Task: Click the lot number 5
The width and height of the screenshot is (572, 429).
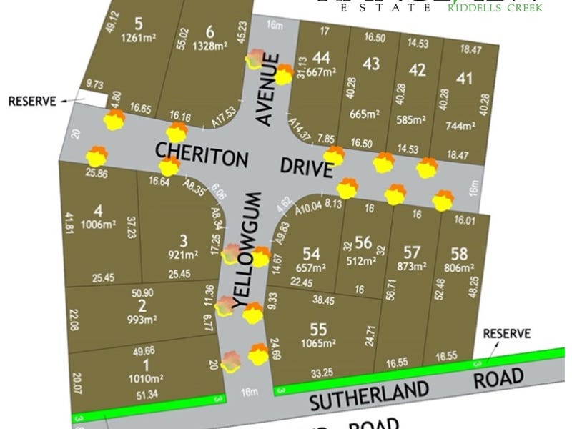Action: click(x=138, y=23)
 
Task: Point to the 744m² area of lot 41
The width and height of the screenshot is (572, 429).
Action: click(x=460, y=126)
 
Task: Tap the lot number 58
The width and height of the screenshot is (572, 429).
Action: click(x=459, y=252)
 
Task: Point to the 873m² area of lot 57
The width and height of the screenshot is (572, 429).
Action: click(x=412, y=267)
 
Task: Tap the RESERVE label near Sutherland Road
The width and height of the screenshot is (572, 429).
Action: click(x=507, y=333)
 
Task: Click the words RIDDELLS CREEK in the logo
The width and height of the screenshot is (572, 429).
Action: click(x=495, y=8)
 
